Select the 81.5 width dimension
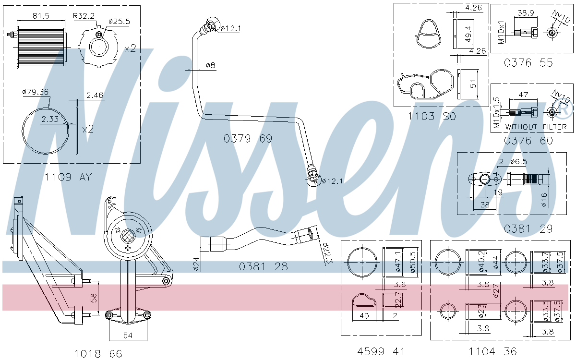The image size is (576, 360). point(41,16)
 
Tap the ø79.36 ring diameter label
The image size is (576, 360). point(36,92)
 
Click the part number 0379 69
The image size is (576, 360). point(248,139)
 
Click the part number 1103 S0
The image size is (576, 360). point(432,116)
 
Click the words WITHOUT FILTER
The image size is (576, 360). point(536,127)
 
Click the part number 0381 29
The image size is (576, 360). point(528,229)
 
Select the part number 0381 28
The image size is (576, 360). point(264,267)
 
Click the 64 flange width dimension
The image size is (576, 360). point(127,336)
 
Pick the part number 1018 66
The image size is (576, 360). point(98,354)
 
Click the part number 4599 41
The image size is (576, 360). point(381,351)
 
